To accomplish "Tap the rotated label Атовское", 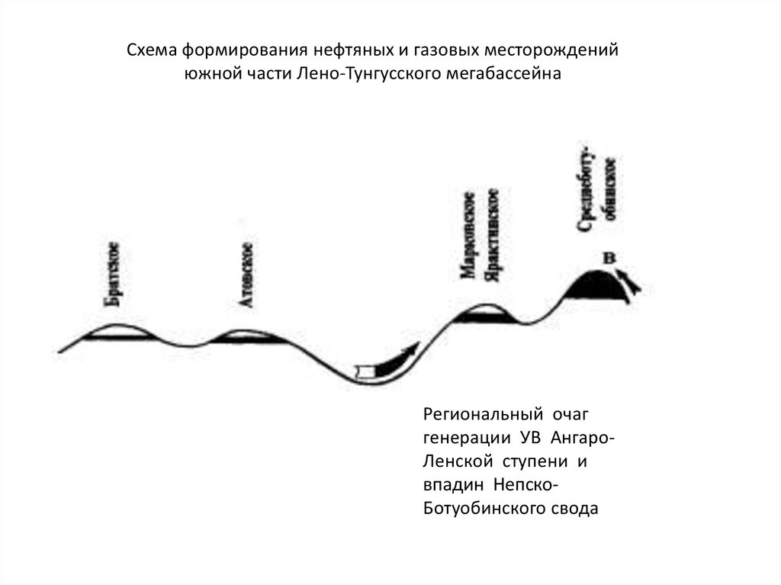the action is [246, 275].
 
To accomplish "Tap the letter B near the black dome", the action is [609, 259].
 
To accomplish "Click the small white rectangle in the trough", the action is [367, 371].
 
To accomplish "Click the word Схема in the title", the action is [149, 51].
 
